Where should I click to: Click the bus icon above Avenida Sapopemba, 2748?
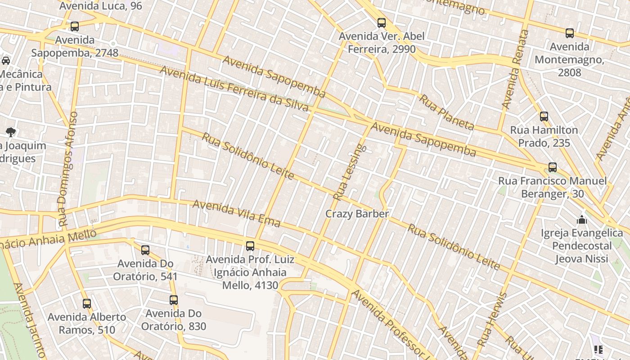[75, 27]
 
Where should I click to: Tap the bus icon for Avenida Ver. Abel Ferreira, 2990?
[382, 22]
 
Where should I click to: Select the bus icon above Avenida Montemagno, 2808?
[570, 33]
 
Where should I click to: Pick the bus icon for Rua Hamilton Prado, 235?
[544, 117]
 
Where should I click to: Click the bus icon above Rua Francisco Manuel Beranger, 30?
[553, 167]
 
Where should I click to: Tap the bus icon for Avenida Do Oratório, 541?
[145, 250]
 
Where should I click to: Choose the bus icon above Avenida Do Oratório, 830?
[174, 300]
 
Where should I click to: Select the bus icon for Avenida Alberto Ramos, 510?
[87, 304]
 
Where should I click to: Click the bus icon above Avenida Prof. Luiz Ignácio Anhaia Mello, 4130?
[250, 246]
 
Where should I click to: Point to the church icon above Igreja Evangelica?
[582, 220]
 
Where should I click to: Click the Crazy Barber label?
[357, 214]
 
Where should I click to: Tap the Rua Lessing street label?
[350, 172]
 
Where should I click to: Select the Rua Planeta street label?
[446, 112]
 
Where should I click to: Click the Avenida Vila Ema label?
[236, 214]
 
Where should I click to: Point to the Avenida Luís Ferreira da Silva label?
[234, 90]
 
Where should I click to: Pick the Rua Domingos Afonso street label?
[68, 169]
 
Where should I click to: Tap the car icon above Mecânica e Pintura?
[6, 60]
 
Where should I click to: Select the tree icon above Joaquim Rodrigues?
[11, 132]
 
